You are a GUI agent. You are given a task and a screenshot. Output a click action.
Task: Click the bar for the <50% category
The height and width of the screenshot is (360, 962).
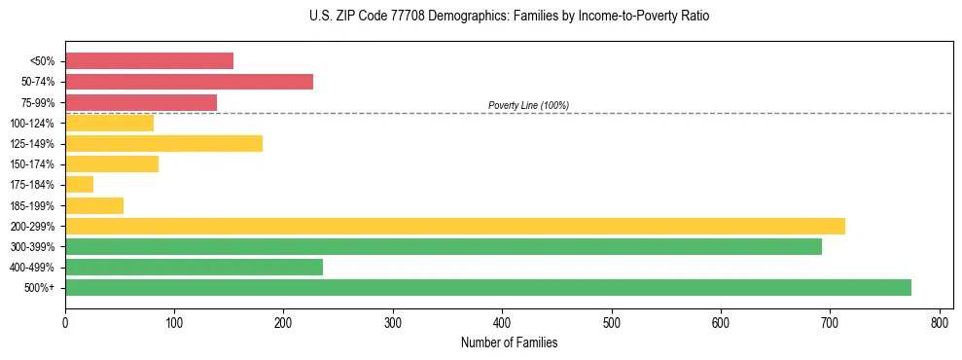(x=149, y=61)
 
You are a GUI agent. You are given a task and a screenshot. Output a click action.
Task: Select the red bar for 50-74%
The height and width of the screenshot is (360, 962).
(x=189, y=82)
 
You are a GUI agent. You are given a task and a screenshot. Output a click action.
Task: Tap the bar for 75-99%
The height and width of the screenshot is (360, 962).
(x=141, y=102)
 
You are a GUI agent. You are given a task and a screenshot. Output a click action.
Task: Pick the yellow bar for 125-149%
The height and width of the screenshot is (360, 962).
(x=163, y=144)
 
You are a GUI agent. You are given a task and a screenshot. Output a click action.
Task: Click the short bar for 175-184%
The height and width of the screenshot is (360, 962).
(x=79, y=185)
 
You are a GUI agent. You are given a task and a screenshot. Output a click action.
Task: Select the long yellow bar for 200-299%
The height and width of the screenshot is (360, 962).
(x=454, y=226)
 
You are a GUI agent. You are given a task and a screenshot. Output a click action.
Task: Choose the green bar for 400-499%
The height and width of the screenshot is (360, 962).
(x=194, y=268)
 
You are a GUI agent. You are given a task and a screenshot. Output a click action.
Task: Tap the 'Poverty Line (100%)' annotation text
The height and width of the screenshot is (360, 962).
(x=528, y=105)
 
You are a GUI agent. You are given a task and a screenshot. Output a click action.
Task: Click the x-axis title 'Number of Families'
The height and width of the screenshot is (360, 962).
(x=509, y=342)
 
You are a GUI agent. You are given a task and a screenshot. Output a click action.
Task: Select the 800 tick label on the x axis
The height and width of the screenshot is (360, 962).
(x=940, y=322)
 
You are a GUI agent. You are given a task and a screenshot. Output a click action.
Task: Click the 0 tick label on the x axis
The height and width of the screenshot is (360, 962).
(x=65, y=322)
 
